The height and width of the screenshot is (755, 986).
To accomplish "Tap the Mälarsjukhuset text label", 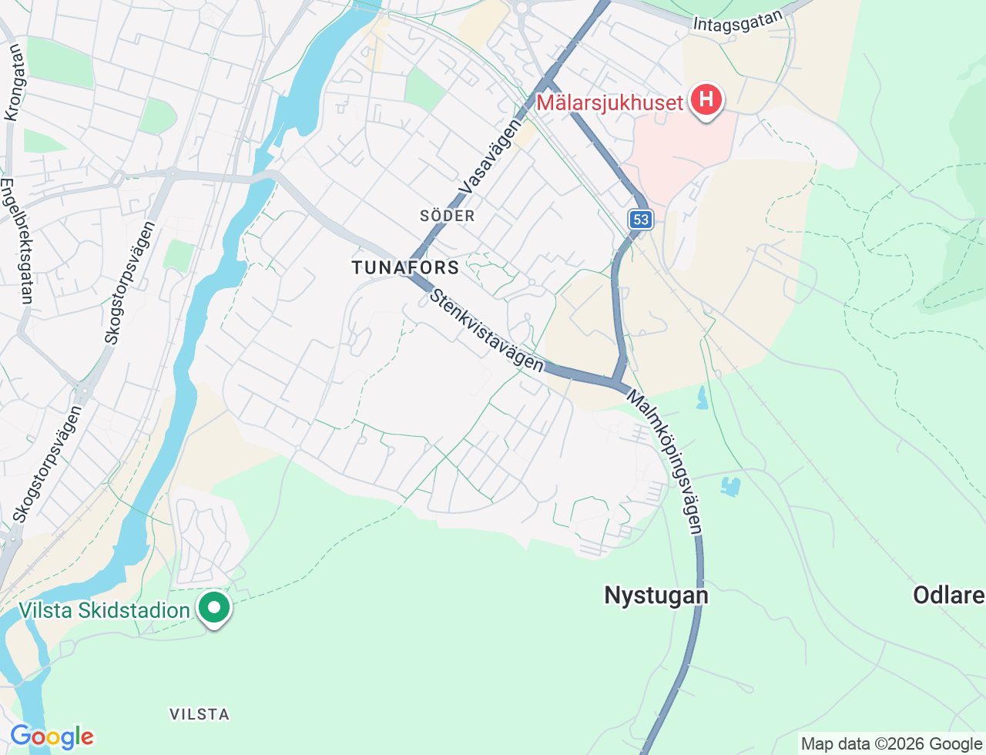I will pyautogui.click(x=609, y=102).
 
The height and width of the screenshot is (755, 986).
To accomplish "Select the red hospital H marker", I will pyautogui.click(x=706, y=99).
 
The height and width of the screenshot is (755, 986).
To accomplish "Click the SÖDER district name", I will pyautogui.click(x=448, y=216).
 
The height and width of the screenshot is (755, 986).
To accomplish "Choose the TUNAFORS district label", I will pyautogui.click(x=405, y=267).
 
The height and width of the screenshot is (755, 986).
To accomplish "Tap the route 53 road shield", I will pyautogui.click(x=640, y=220).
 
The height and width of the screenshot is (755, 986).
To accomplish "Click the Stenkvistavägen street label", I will pyautogui.click(x=486, y=330).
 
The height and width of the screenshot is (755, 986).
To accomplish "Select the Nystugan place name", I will pyautogui.click(x=656, y=595).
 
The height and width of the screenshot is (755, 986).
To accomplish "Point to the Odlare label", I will pyautogui.click(x=948, y=595).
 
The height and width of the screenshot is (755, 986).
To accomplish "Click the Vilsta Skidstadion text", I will pyautogui.click(x=104, y=610).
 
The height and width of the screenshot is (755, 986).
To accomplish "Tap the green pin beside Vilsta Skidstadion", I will pyautogui.click(x=214, y=608).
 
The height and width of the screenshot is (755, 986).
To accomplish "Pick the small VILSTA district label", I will pyautogui.click(x=200, y=714).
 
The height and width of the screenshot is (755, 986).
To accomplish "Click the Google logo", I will pyautogui.click(x=52, y=737).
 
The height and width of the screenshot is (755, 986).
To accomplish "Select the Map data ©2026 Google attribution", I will pyautogui.click(x=891, y=743).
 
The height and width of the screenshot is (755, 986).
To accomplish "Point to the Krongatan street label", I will pyautogui.click(x=13, y=82).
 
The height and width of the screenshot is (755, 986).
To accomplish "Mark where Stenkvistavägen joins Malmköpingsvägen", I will pyautogui.click(x=614, y=382).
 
